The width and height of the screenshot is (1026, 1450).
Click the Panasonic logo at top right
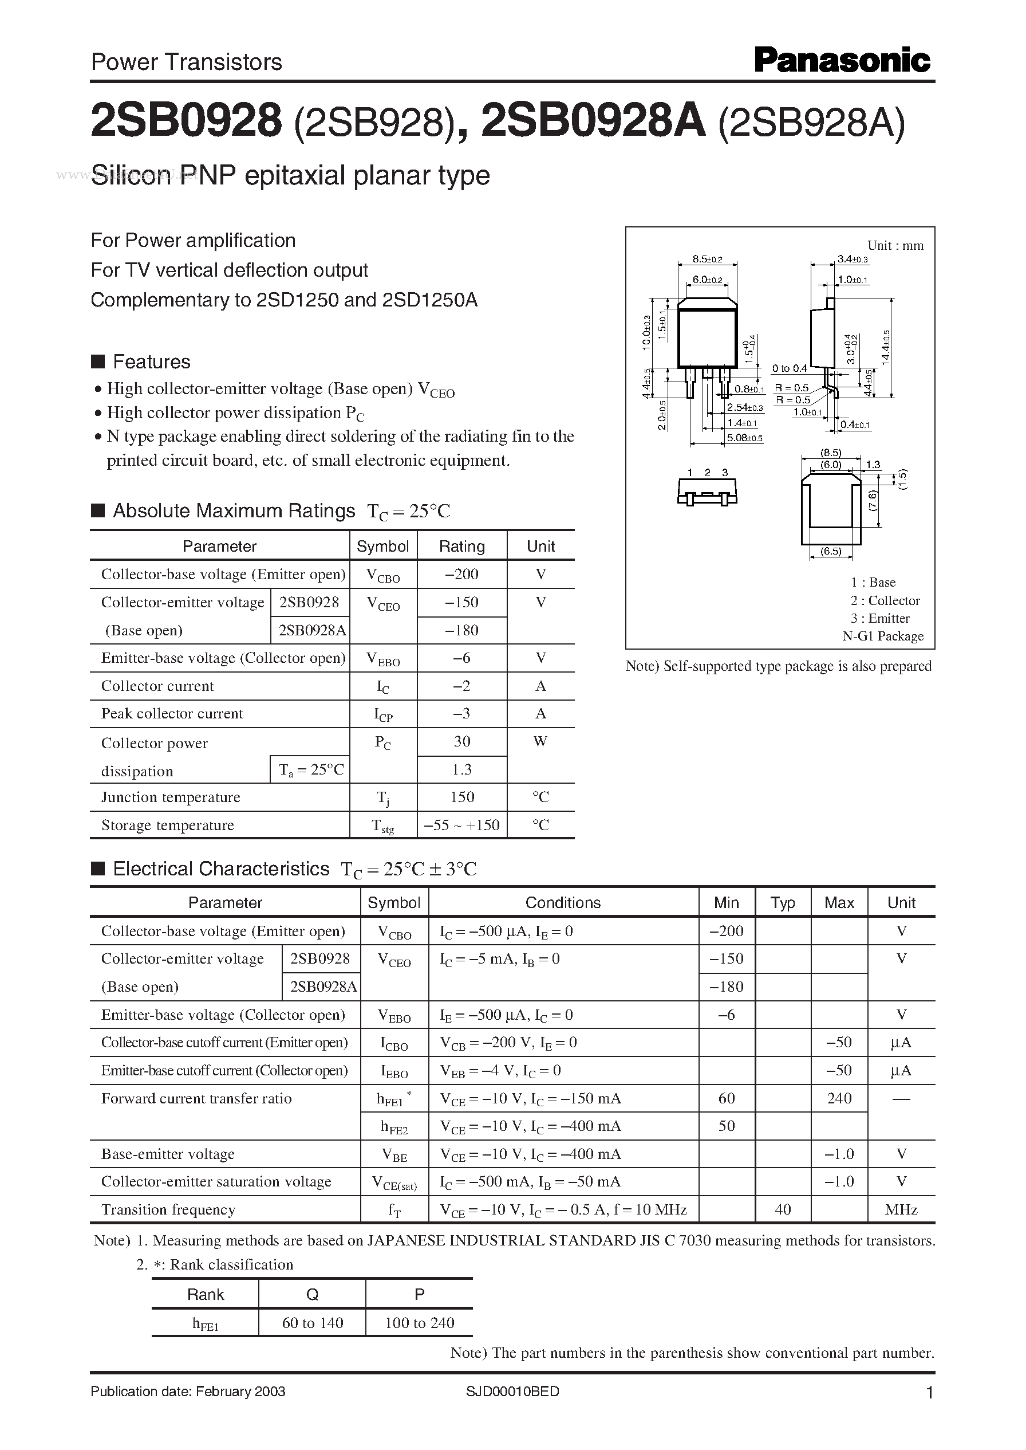(x=842, y=61)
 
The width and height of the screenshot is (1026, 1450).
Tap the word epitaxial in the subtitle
(x=295, y=176)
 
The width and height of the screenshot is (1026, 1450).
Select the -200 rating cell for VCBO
(x=461, y=574)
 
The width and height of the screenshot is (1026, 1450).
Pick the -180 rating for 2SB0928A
(x=461, y=630)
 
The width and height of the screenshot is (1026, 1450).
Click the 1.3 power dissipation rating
(x=461, y=769)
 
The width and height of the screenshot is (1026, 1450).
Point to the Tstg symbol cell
(x=383, y=826)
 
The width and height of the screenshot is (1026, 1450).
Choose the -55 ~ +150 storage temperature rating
(x=461, y=825)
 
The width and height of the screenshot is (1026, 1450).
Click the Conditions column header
(x=562, y=903)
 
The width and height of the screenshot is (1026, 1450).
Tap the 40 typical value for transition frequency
(x=782, y=1209)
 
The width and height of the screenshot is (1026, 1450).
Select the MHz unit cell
(x=901, y=1209)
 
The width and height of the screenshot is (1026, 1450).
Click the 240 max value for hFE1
(x=838, y=1098)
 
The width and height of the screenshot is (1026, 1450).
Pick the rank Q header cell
(x=312, y=1295)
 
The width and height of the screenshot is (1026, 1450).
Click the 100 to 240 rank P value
(x=419, y=1323)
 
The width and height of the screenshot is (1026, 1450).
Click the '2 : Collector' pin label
(x=885, y=600)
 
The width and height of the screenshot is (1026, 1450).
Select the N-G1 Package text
(x=883, y=636)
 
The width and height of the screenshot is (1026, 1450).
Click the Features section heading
(x=151, y=361)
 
